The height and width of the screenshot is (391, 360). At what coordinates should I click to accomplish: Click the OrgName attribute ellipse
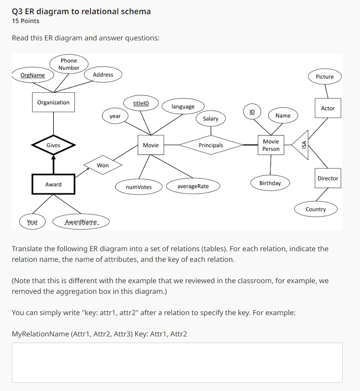pos(33,75)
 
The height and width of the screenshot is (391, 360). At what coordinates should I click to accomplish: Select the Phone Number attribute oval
pos(69,64)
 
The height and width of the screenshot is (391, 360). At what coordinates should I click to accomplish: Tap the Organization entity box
pos(53,103)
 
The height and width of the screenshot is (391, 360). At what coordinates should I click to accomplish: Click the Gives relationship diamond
pos(53,145)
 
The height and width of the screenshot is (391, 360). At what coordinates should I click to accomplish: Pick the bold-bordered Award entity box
pos(53,184)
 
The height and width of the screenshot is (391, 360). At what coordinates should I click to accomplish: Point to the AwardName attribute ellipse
pos(81,222)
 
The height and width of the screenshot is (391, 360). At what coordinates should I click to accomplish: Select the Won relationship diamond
pos(103,165)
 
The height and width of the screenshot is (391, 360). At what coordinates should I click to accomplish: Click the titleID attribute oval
pos(141,103)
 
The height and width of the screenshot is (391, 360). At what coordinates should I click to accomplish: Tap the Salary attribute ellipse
pos(211,118)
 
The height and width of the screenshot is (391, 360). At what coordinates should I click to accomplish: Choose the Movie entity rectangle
pos(151,145)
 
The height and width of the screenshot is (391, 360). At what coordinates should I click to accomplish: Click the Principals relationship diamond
pos(211,145)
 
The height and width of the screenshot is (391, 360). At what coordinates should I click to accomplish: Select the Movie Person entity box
pos(271,145)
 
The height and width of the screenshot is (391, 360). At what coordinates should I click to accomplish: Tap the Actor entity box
pos(328,108)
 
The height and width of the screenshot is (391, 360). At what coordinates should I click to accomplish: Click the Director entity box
pos(328,178)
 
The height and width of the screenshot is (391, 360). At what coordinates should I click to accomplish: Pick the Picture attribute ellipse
pos(325,77)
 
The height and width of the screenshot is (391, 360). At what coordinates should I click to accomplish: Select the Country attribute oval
pos(316,209)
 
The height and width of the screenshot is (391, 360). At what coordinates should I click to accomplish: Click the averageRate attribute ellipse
pos(193,186)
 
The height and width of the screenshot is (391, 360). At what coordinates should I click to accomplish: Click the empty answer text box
pos(177,362)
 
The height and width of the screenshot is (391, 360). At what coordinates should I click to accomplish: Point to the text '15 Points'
pos(26,21)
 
